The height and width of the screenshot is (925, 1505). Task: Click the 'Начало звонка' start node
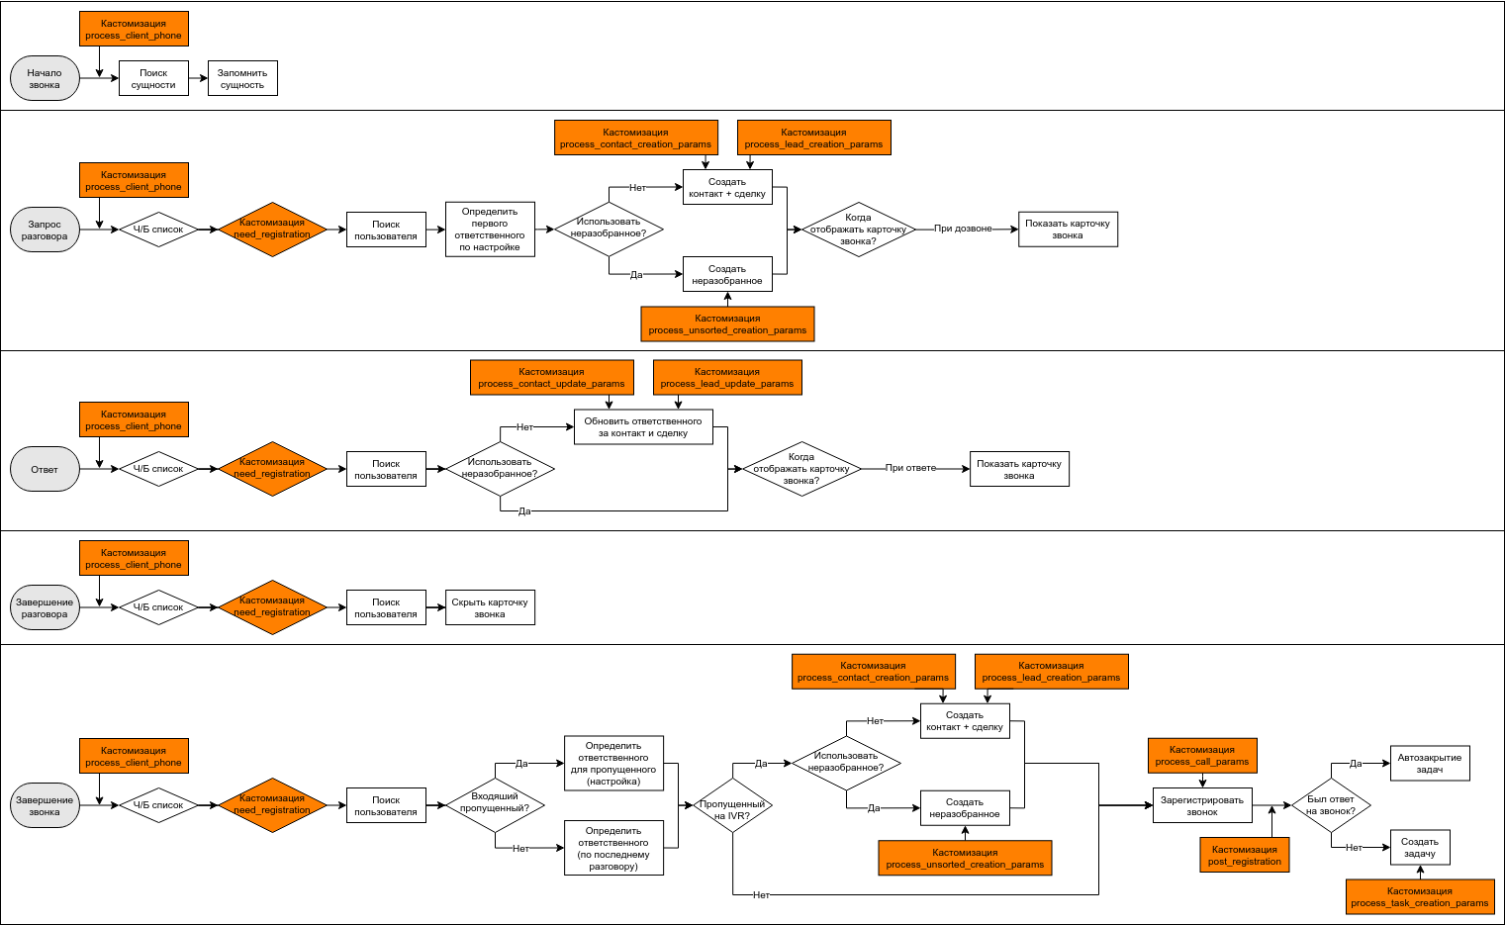pyautogui.click(x=45, y=78)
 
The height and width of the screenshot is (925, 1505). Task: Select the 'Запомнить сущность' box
pyautogui.click(x=242, y=78)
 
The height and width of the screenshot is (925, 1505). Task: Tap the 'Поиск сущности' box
pyautogui.click(x=153, y=78)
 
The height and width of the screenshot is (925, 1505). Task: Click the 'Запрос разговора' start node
pyautogui.click(x=45, y=230)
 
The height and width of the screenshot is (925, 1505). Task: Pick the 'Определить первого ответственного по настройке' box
pyautogui.click(x=490, y=230)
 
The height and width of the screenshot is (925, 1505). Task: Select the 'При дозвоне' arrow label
pyautogui.click(x=963, y=229)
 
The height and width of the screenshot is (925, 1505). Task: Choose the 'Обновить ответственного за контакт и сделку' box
pyautogui.click(x=643, y=427)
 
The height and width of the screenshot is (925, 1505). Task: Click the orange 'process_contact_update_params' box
pyautogui.click(x=551, y=378)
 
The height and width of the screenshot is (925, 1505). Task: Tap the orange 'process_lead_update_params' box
pyautogui.click(x=727, y=378)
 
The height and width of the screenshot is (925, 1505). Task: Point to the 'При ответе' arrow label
pyautogui.click(x=910, y=468)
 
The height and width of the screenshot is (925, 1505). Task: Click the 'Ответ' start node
pyautogui.click(x=45, y=469)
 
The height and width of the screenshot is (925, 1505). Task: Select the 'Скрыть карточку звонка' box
pyautogui.click(x=490, y=607)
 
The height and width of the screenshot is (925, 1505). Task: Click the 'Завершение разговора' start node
pyautogui.click(x=45, y=607)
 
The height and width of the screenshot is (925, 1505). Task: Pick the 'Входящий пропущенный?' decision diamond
pyautogui.click(x=495, y=804)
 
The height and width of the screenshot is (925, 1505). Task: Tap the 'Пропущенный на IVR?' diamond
pyautogui.click(x=732, y=805)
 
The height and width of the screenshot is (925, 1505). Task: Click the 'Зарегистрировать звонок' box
pyautogui.click(x=1202, y=805)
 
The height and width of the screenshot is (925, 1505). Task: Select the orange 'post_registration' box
pyautogui.click(x=1245, y=855)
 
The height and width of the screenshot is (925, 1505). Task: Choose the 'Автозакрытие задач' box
pyautogui.click(x=1430, y=763)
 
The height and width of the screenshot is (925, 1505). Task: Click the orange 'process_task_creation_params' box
pyautogui.click(x=1420, y=896)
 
